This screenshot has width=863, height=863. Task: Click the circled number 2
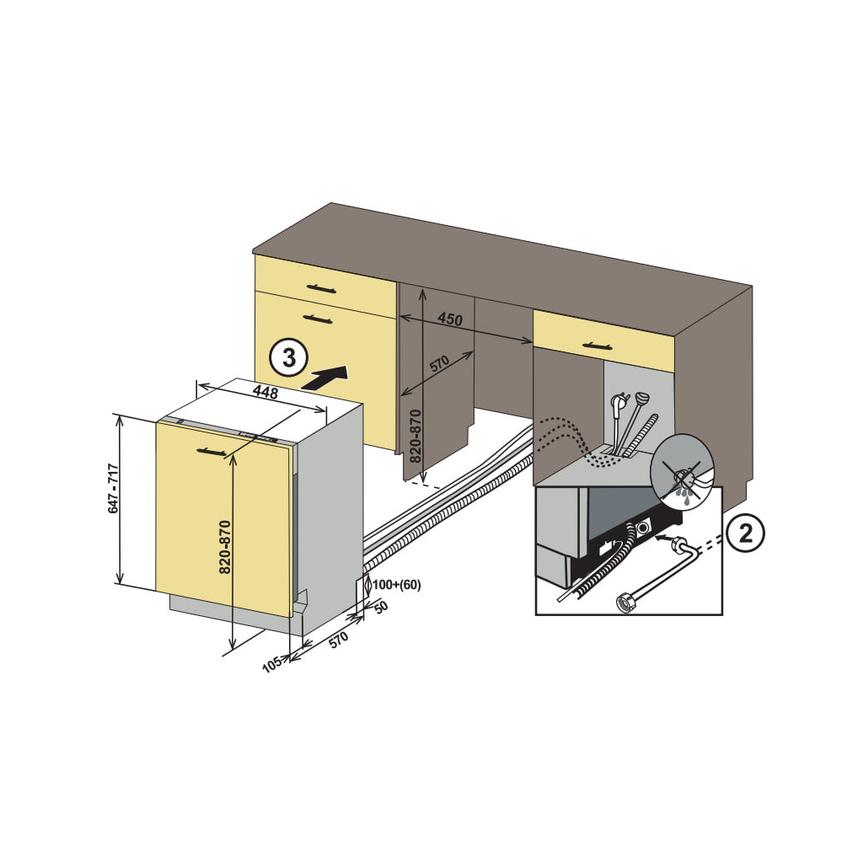click(744, 533)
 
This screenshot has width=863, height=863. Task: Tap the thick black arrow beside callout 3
click(325, 378)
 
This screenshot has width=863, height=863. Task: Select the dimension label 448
click(266, 393)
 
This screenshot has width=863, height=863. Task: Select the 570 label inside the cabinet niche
click(439, 364)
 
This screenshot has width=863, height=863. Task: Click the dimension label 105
click(271, 665)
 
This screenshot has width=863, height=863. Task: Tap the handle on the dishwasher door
click(212, 453)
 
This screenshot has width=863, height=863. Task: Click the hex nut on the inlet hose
click(626, 603)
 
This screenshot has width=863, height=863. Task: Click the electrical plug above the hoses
click(620, 405)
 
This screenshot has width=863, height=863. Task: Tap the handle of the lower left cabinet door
click(317, 319)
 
